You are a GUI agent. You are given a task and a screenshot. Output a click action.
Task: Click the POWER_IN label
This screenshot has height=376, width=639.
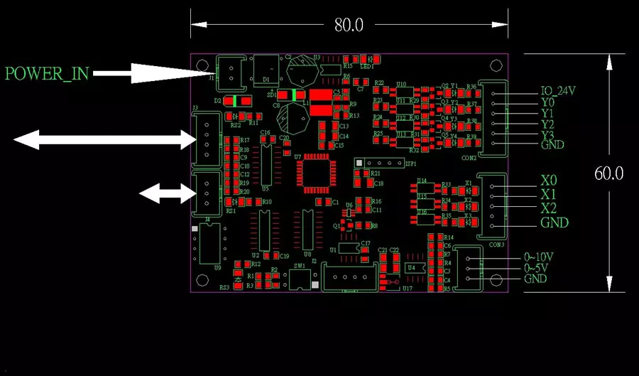[x=47, y=73]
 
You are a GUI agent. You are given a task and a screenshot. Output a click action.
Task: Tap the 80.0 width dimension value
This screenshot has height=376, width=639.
[x=349, y=25]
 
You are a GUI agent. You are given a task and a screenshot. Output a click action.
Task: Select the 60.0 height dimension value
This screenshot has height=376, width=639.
[x=608, y=173]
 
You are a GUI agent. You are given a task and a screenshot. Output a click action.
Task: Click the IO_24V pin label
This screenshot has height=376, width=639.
[x=557, y=91]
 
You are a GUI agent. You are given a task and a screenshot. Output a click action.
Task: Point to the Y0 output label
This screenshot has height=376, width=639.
[x=547, y=102]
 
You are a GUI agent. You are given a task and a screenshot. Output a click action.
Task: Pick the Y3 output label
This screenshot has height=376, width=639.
[x=547, y=135]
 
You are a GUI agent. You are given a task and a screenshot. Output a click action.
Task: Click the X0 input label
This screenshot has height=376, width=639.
[x=549, y=181]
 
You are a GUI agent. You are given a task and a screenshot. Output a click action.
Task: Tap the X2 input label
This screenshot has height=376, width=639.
[x=549, y=208]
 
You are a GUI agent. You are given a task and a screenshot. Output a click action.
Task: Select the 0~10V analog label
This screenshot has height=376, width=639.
[x=539, y=257]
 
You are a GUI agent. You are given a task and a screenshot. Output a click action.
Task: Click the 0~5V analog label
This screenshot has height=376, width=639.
[x=536, y=268]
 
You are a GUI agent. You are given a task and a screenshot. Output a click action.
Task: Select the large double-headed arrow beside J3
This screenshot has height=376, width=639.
[x=104, y=140]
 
